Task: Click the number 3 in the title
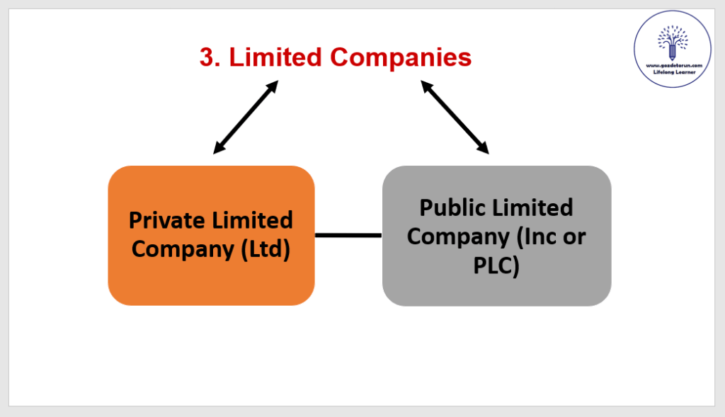pos(207,58)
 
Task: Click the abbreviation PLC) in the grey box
pos(496,266)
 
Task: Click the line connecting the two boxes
pos(348,235)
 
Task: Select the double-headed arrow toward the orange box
pos(246,117)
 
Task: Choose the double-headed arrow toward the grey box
pos(455,117)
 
